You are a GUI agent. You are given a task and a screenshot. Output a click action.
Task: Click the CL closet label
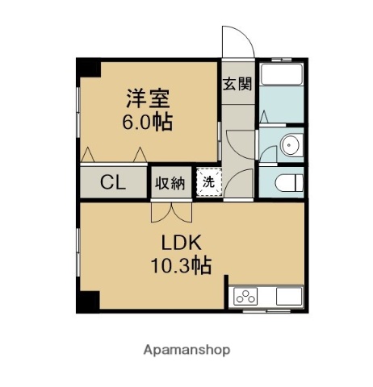113,182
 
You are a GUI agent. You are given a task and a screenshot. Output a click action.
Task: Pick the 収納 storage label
170,183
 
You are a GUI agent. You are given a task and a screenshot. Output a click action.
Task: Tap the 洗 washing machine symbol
209,182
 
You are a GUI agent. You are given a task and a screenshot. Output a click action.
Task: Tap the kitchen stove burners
245,297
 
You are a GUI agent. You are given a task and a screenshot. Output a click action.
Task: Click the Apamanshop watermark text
186,350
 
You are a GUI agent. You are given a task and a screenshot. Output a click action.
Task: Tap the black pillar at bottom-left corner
88,302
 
